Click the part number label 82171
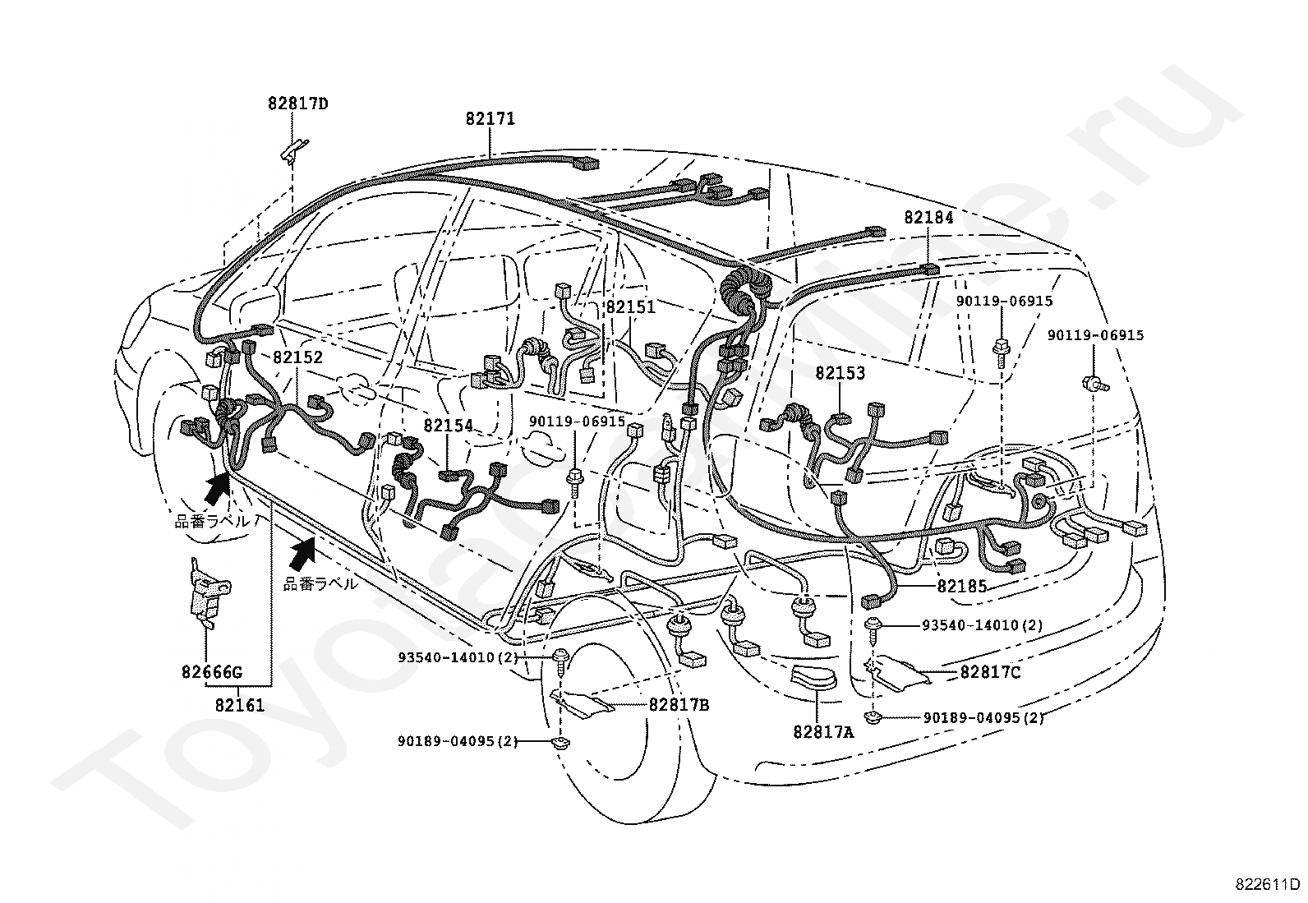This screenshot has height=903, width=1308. pos(490,119)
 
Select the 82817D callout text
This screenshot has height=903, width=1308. pos(297,104)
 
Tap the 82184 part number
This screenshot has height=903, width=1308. pos(928,217)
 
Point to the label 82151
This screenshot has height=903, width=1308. pos(631,306)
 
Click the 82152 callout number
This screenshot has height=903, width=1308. pos(297,357)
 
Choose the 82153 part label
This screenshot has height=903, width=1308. pos(841,373)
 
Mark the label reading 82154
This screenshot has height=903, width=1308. pos(449,426)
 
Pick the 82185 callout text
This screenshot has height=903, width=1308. pos(962,586)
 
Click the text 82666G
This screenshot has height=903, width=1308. pos(211,672)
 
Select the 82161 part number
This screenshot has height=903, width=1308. pos(240,706)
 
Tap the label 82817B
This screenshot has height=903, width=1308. pos(679,706)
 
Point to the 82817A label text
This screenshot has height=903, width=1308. pos(823,732)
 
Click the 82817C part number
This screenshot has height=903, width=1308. pos(990,673)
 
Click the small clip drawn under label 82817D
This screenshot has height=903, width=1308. pos(293,151)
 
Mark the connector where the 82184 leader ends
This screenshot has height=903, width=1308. pos(929,270)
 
